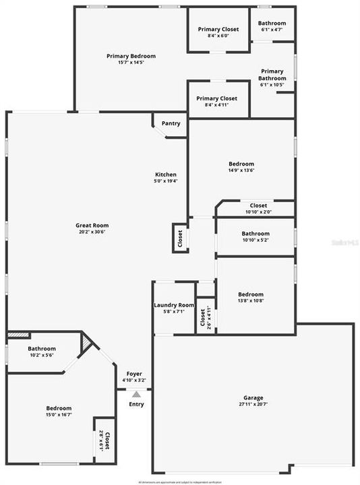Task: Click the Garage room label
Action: coord(253,397)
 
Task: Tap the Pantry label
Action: coord(171,123)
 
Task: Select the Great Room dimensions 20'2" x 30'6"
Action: coord(92,232)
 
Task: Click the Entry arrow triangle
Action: coord(137,394)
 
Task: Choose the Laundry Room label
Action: coord(174,305)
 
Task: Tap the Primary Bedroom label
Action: coord(131,56)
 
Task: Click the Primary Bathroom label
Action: coord(272,75)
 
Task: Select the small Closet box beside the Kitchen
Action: coord(180,238)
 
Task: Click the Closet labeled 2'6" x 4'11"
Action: coord(205,315)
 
